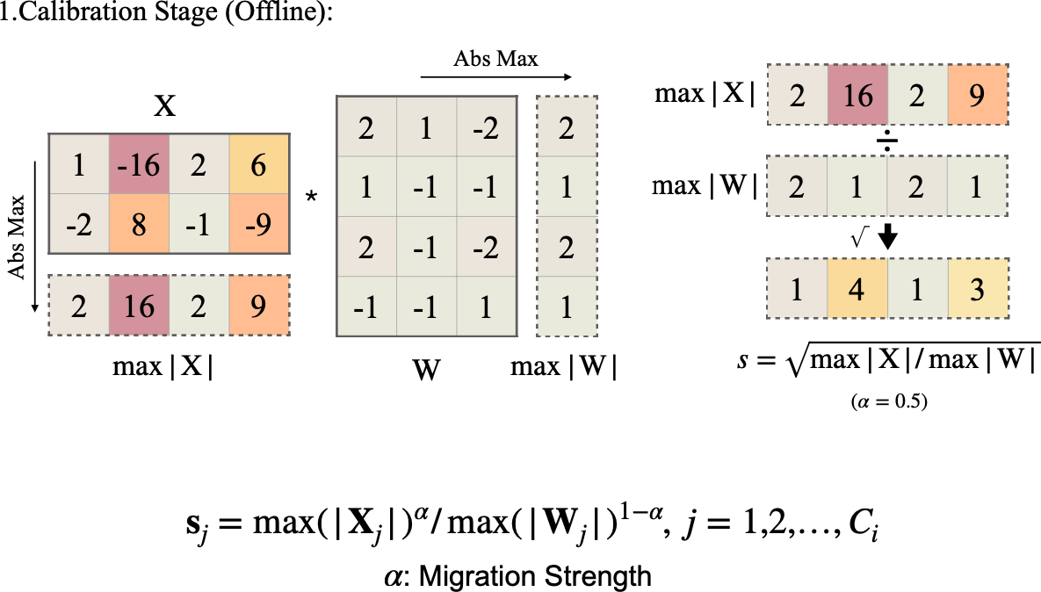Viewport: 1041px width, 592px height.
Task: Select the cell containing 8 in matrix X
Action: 140,224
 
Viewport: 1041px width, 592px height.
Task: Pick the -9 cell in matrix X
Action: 258,224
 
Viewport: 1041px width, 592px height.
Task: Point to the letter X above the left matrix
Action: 164,107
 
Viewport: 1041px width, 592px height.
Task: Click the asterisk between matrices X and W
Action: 310,197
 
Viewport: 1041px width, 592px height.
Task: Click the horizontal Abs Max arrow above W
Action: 496,77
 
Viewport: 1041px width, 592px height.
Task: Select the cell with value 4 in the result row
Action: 857,291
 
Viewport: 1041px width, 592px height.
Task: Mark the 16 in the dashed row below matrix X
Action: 140,307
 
